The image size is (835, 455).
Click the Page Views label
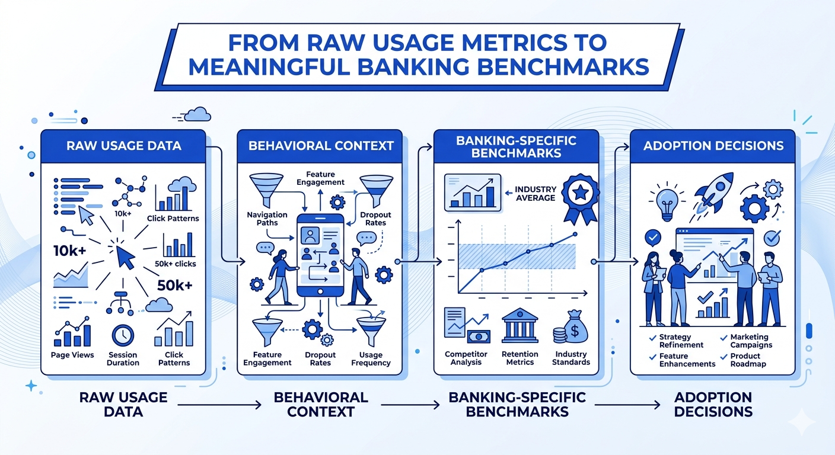coord(72,355)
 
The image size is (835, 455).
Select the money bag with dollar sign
coord(572,328)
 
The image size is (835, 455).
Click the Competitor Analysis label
coord(466,358)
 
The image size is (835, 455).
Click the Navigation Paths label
coord(267,219)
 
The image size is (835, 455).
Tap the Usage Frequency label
coord(371,358)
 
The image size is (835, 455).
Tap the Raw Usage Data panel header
coord(123,146)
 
